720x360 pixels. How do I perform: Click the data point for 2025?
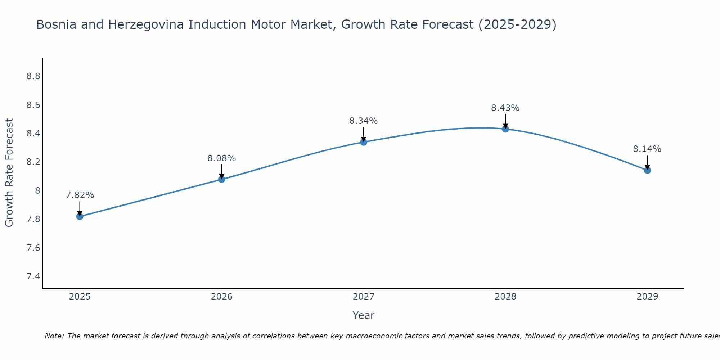(80, 216)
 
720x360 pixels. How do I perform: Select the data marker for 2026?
(222, 179)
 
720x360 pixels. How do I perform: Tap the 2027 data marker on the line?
(364, 142)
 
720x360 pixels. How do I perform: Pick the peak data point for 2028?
(505, 129)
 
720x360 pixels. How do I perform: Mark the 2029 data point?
(647, 170)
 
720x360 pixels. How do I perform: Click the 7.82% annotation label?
(80, 195)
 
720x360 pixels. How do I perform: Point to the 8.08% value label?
(222, 158)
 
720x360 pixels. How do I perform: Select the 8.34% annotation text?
(364, 121)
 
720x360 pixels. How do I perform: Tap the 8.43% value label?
(505, 108)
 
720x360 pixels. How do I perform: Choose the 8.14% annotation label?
(647, 149)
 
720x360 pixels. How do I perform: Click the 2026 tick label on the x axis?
(222, 297)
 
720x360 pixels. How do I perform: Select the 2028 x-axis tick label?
(505, 297)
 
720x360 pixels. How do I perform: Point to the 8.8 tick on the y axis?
(33, 76)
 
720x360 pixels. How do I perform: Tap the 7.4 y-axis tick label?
(33, 276)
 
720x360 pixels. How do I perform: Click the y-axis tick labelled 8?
(37, 190)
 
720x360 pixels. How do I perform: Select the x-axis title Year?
(364, 315)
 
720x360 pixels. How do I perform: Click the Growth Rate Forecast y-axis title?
(9, 173)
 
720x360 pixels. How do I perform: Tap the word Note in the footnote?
(54, 336)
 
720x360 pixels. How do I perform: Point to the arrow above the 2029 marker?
(647, 162)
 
